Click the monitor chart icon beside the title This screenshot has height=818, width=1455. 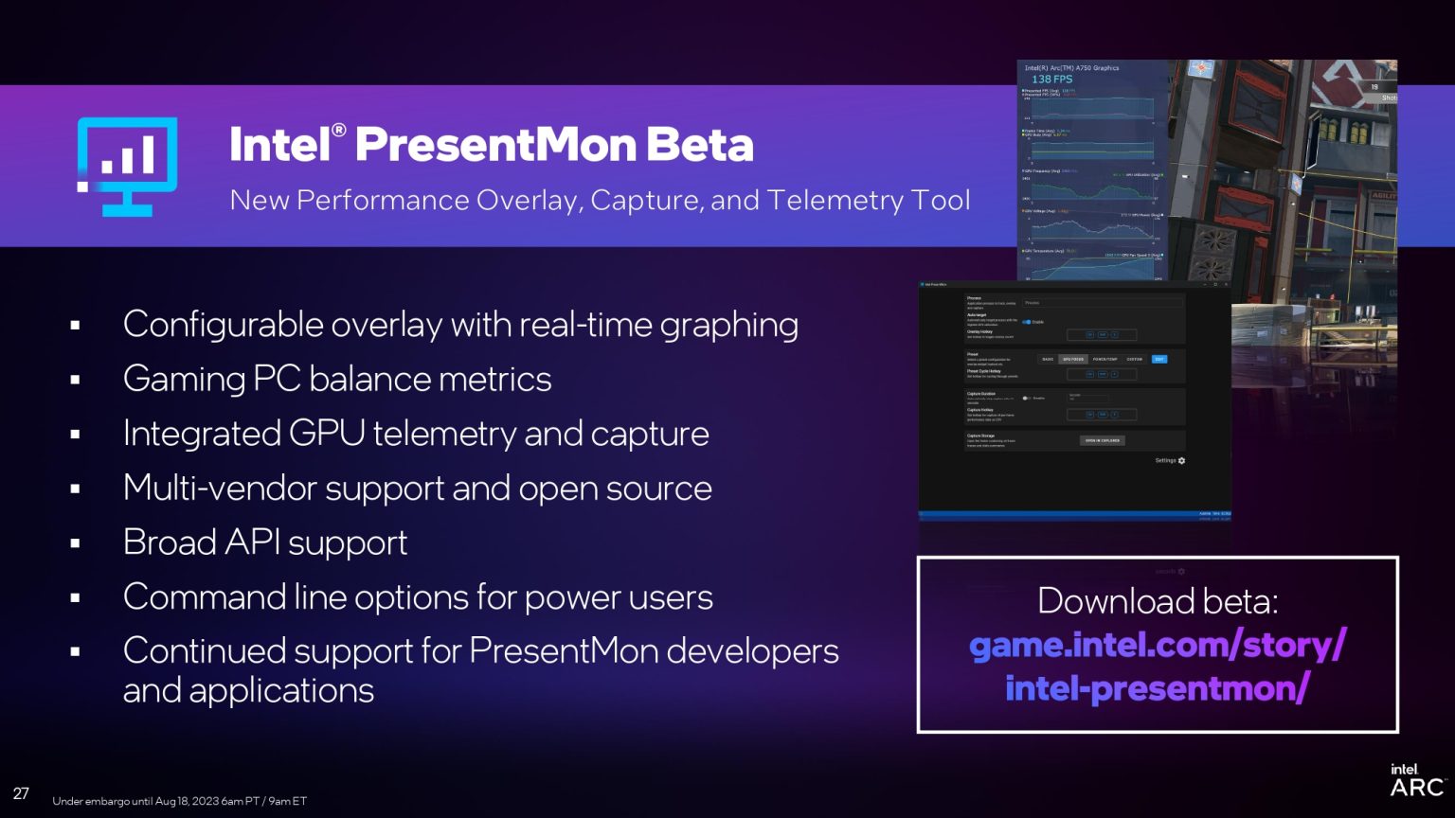coord(127,167)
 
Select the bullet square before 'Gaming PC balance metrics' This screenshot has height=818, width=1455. coord(75,381)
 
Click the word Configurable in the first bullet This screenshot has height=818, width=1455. coord(210,325)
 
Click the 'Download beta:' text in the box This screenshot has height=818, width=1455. coord(1158,601)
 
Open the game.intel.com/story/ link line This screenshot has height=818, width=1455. coord(1158,646)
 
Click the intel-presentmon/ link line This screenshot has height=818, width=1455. coord(1158,688)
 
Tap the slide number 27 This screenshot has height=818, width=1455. coord(21,793)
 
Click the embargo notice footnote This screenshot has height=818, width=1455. coord(179,801)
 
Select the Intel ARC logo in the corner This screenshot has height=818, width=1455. coord(1416,781)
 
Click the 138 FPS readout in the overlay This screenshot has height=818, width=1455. coord(1051,80)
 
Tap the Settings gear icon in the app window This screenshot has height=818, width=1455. coord(1181,461)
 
